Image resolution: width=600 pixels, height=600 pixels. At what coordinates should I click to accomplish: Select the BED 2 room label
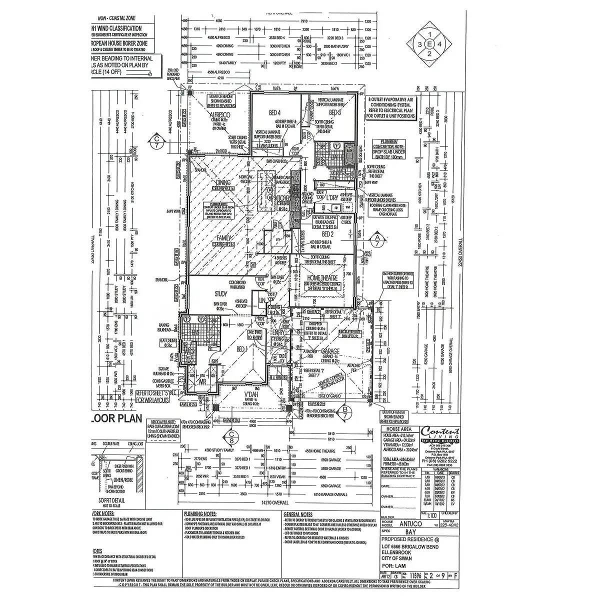coord(328,233)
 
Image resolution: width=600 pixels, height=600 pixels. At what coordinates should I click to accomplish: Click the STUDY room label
coord(220,293)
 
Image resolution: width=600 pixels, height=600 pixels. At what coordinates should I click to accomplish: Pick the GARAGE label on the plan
coord(331,351)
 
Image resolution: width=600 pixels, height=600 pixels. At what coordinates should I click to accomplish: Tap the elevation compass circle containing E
coord(429,44)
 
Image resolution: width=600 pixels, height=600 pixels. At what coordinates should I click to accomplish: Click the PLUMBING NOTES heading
coord(200,513)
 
